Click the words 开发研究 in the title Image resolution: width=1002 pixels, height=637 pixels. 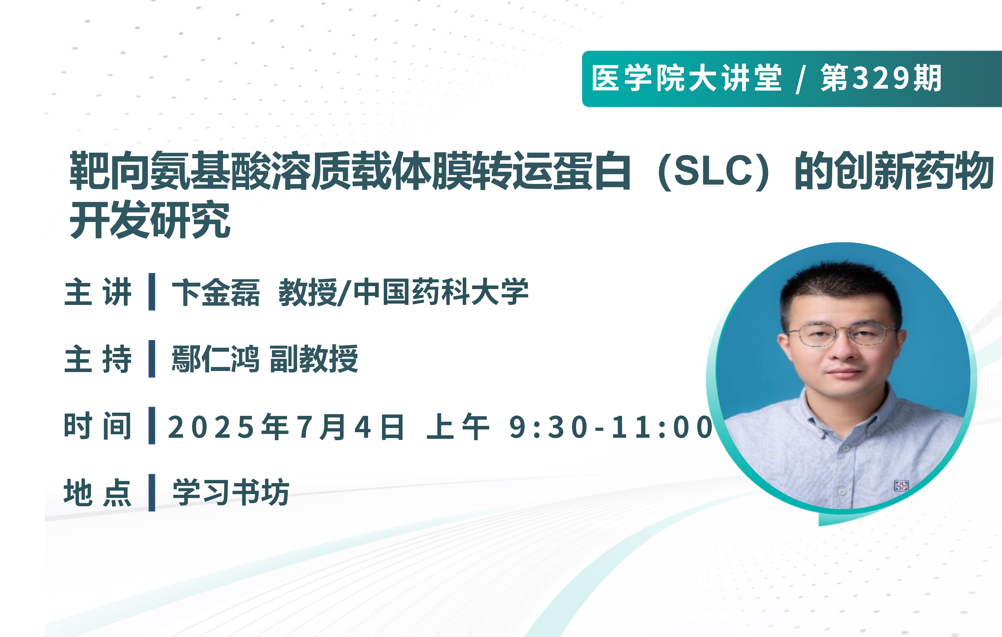[x=150, y=219]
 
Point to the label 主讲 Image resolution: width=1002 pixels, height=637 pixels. [x=98, y=292]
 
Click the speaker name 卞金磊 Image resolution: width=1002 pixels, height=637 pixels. [x=216, y=292]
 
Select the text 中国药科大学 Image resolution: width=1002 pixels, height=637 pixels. [x=441, y=292]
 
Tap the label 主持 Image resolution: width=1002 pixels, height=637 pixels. [x=98, y=359]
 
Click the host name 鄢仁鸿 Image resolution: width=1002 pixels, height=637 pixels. [x=216, y=359]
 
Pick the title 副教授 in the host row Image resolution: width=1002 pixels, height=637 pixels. [x=314, y=359]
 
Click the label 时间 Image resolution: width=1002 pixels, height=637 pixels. [x=98, y=426]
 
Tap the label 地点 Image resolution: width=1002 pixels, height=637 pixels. [x=98, y=493]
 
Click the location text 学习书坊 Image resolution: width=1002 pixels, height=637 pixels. [x=231, y=492]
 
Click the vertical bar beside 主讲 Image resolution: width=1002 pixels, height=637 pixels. [x=152, y=291]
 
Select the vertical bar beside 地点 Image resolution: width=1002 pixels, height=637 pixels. [x=152, y=493]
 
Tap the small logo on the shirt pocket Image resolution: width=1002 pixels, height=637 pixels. [x=901, y=486]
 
